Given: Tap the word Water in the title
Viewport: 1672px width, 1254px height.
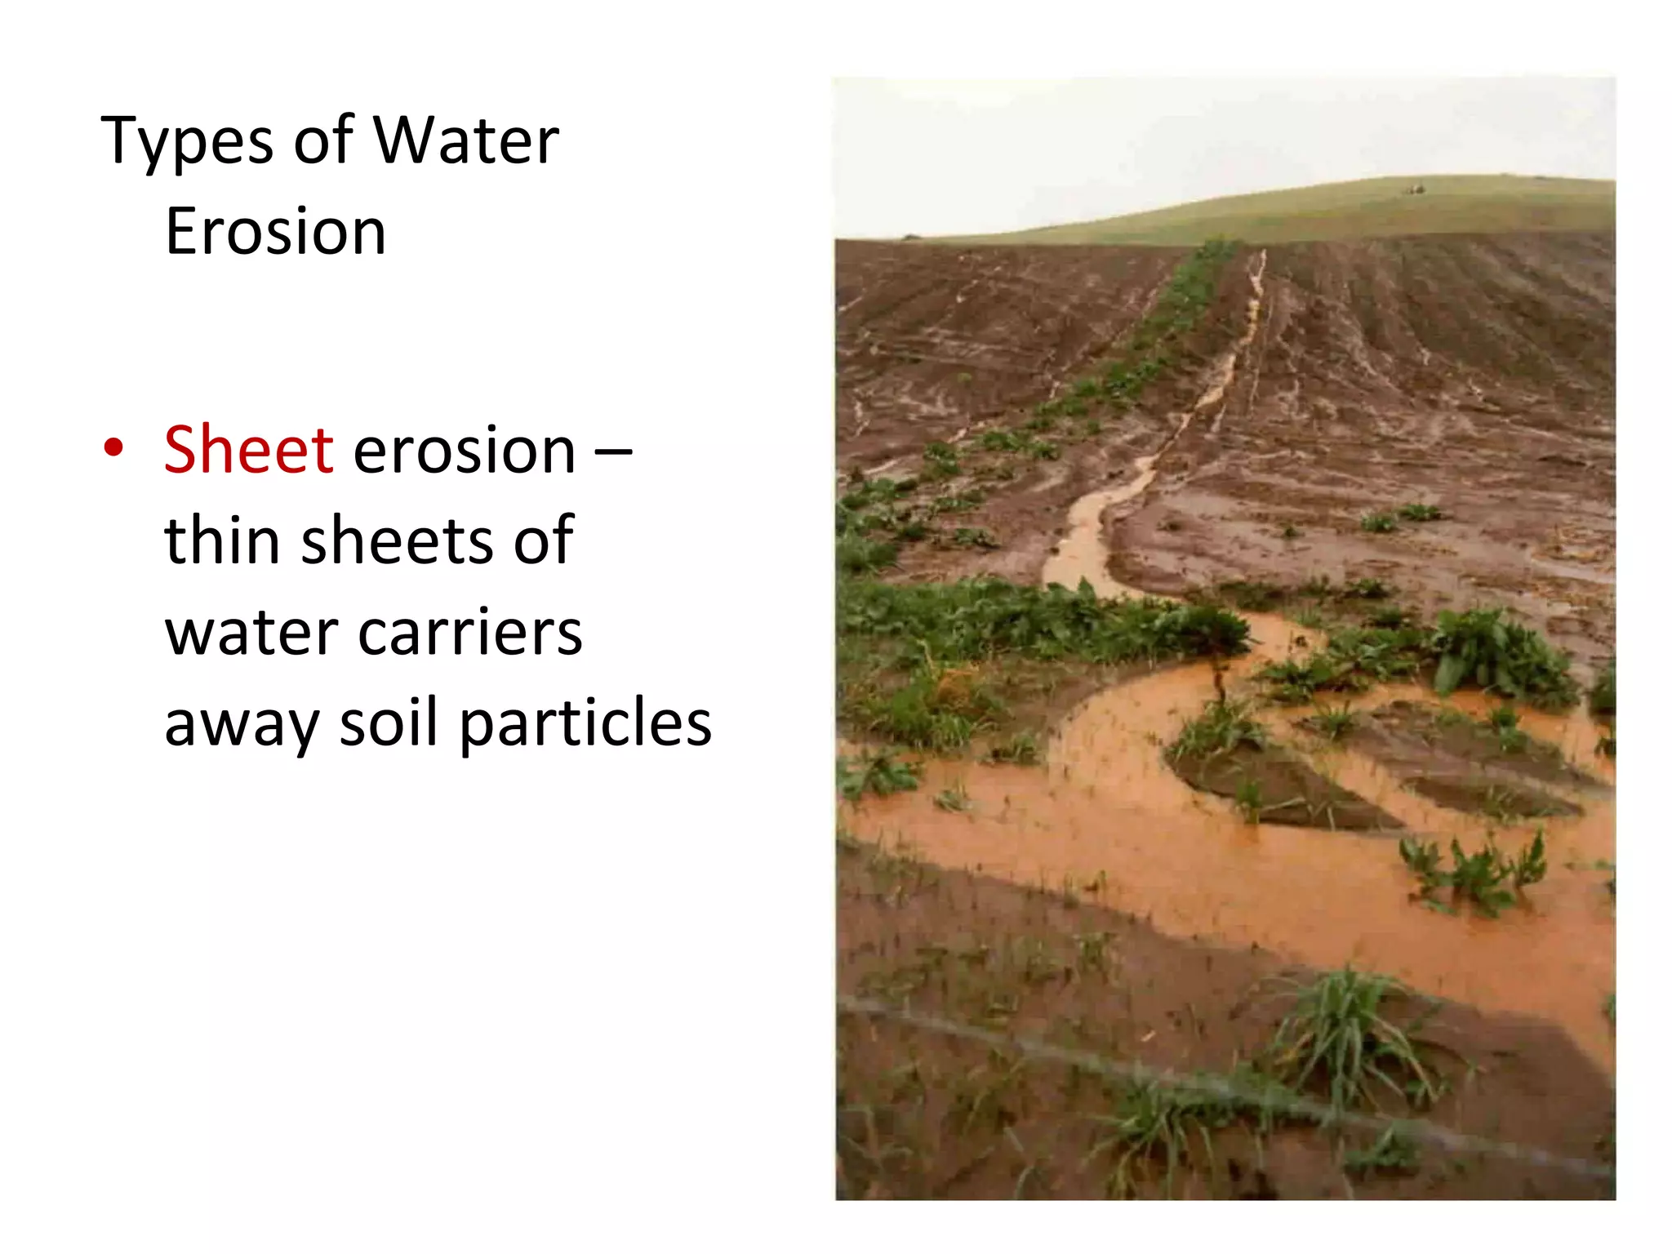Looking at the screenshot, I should click(x=466, y=140).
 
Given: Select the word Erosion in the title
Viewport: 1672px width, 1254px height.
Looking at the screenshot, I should click(x=275, y=232).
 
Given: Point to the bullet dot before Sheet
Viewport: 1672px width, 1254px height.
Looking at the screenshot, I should click(x=113, y=448).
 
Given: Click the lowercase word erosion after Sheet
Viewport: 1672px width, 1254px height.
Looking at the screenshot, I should click(x=465, y=451).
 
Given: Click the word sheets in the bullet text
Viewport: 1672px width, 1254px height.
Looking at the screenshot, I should click(x=397, y=540).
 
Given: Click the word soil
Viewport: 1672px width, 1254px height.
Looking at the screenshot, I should click(x=389, y=723).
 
